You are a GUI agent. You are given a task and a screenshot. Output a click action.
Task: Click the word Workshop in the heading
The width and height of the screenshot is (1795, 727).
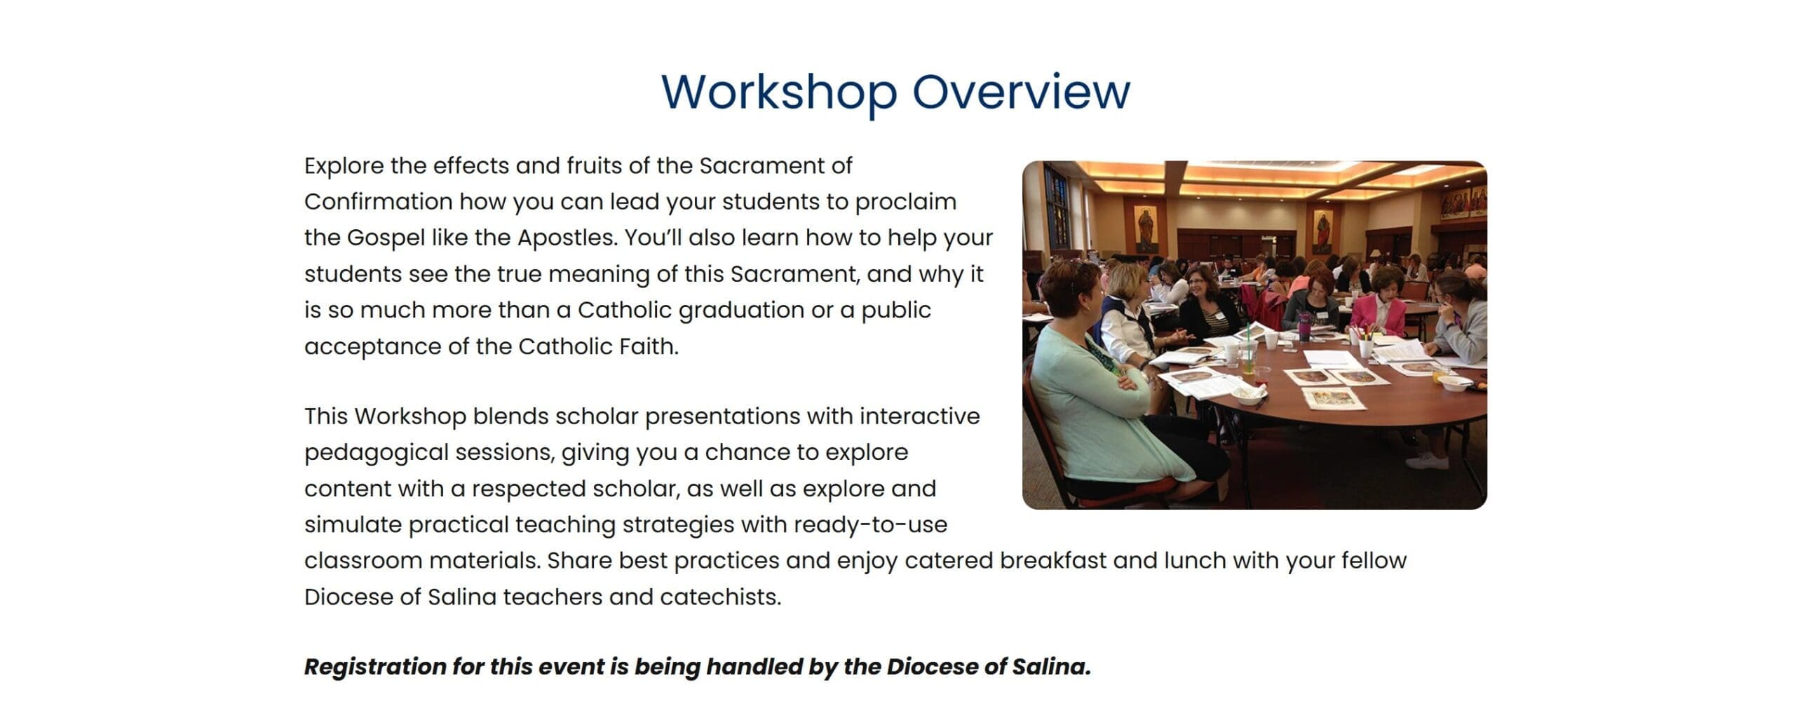(779, 93)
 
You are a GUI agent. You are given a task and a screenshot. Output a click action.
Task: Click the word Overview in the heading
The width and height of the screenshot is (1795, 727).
(1022, 91)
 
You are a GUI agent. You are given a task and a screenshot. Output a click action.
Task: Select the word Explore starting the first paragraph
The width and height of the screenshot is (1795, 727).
(344, 167)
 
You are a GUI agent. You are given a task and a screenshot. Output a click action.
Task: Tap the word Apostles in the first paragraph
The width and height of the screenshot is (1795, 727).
(567, 238)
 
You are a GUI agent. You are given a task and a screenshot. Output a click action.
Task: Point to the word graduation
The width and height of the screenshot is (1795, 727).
(741, 311)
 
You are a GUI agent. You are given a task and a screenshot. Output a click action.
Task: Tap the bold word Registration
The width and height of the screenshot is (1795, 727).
(375, 667)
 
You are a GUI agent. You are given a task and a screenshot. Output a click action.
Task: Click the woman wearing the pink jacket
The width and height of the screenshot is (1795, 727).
(1379, 305)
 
